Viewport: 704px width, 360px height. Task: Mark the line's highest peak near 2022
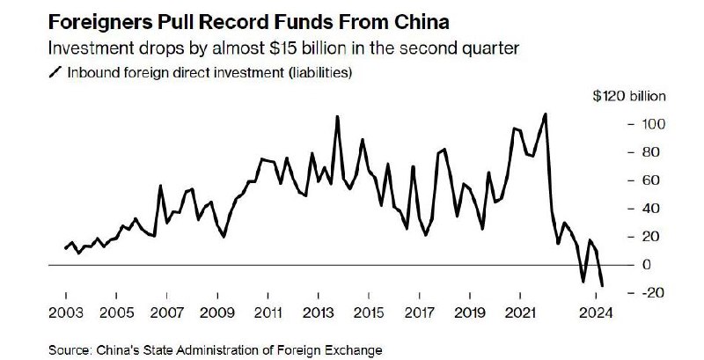click(x=546, y=114)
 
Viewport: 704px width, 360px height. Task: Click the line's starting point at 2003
click(x=66, y=248)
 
